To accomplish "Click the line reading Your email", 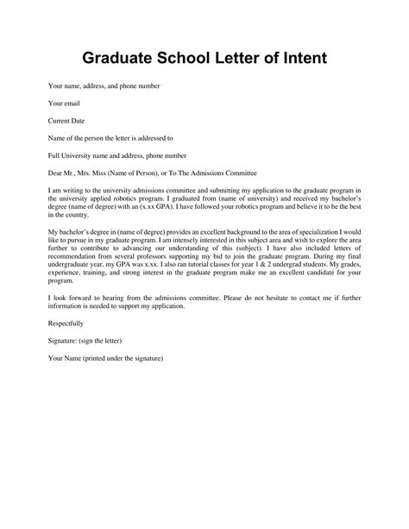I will click(53, 104).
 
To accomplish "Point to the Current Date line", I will click(58, 121).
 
